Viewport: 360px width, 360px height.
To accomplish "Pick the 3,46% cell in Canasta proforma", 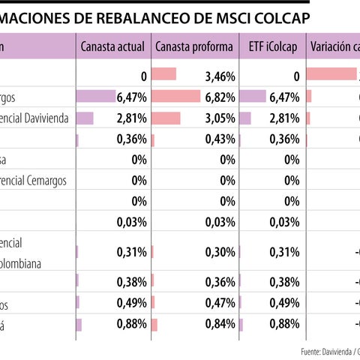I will (220, 76).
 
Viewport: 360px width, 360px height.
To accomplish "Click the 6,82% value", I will (220, 97).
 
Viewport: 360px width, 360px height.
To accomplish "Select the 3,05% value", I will (220, 118).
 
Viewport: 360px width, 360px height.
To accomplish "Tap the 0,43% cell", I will (220, 139).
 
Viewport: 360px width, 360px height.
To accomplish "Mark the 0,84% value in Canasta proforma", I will (220, 324).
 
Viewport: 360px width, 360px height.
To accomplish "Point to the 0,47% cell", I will (220, 303).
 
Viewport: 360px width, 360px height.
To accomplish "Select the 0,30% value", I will (220, 252).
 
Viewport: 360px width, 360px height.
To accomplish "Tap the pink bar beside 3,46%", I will (163, 74).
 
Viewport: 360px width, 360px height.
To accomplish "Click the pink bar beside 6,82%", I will (175, 96).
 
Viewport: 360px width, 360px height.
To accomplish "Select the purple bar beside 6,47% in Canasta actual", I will (96, 96).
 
